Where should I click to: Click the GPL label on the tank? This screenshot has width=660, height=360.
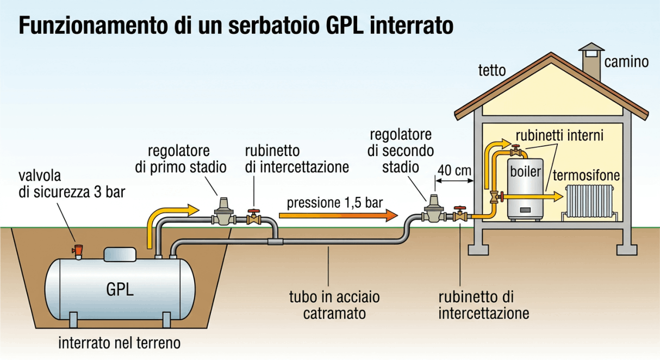click(x=120, y=288)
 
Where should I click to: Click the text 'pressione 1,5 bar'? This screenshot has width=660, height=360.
click(x=334, y=203)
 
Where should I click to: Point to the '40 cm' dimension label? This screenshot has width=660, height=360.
click(x=454, y=170)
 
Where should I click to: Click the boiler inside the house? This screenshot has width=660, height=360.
click(x=525, y=188)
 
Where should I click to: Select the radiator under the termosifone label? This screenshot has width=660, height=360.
click(x=590, y=200)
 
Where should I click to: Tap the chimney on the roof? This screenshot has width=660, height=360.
click(x=590, y=60)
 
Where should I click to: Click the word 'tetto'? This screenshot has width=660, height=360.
click(x=491, y=71)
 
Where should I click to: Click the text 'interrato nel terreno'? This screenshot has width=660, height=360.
click(x=119, y=344)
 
